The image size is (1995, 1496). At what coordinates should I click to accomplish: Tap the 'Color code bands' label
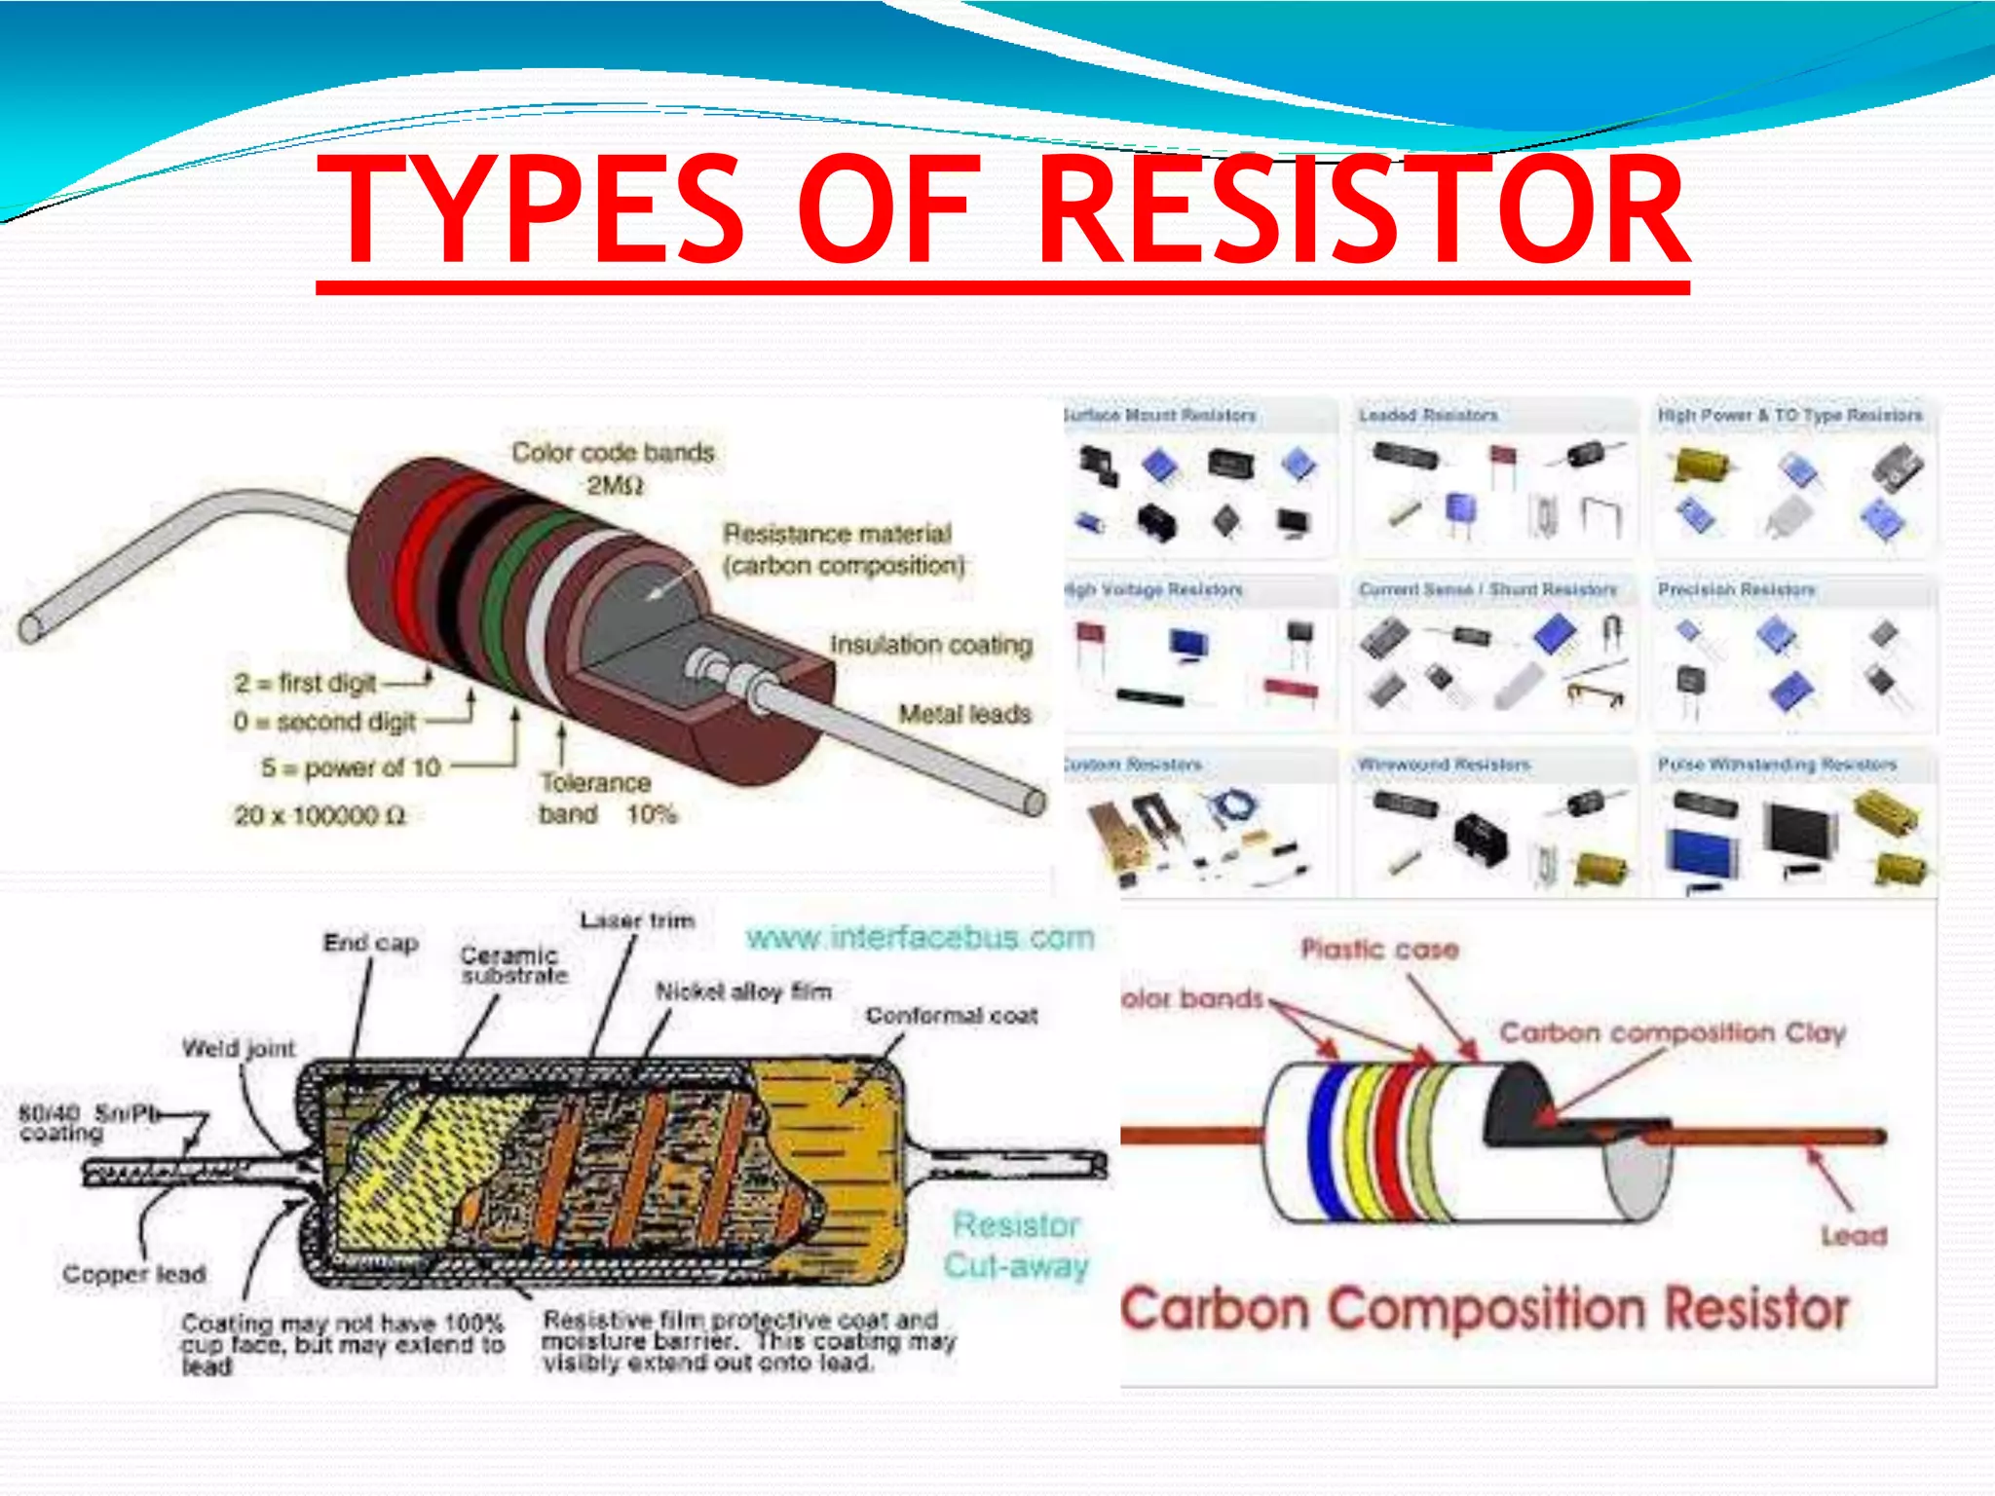(x=613, y=453)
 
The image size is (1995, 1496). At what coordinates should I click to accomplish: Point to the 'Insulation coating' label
(x=930, y=645)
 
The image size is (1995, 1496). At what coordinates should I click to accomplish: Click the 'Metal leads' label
(x=964, y=714)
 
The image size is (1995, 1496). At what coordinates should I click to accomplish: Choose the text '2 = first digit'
(x=305, y=683)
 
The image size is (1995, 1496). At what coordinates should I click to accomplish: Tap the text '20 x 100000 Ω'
(x=320, y=815)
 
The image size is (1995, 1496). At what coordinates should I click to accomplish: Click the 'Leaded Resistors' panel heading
(x=1428, y=416)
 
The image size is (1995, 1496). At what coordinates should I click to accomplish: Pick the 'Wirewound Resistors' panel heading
(x=1444, y=765)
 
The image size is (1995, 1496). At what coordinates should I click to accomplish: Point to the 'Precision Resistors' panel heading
(x=1736, y=589)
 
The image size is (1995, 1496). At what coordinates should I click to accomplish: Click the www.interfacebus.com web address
(x=920, y=937)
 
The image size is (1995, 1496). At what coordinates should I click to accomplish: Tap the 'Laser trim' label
(x=637, y=920)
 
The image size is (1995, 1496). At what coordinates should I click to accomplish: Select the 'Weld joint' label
(x=238, y=1048)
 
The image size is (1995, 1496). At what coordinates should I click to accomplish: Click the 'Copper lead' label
(x=134, y=1273)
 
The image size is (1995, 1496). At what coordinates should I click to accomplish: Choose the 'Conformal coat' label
(x=951, y=1015)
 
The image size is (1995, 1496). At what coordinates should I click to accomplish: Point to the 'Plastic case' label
(x=1379, y=949)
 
